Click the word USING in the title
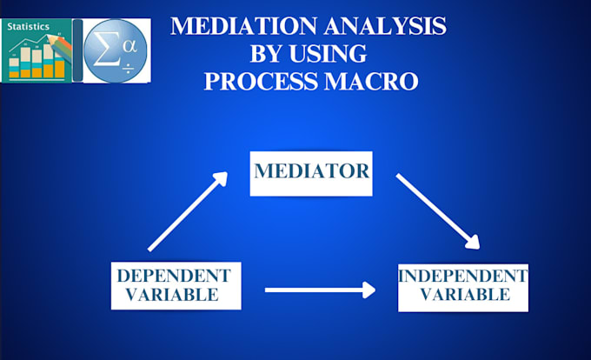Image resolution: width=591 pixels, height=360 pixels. point(335,54)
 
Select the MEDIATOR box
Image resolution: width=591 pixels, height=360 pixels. point(311,170)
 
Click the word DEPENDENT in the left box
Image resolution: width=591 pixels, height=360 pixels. point(174,276)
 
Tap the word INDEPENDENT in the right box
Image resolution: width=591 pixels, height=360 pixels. point(462,276)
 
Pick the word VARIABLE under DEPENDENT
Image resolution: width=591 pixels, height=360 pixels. point(174,296)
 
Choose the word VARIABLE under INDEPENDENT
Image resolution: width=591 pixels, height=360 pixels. point(462,296)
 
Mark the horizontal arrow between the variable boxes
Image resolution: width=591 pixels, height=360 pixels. point(319,289)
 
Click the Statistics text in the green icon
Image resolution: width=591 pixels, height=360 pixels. point(29,28)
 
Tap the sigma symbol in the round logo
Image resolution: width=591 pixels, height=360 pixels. point(105,48)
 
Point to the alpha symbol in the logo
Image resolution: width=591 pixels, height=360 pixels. point(129,44)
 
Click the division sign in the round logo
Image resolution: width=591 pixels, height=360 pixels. point(127,69)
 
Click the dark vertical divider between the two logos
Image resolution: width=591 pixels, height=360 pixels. point(77,50)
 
